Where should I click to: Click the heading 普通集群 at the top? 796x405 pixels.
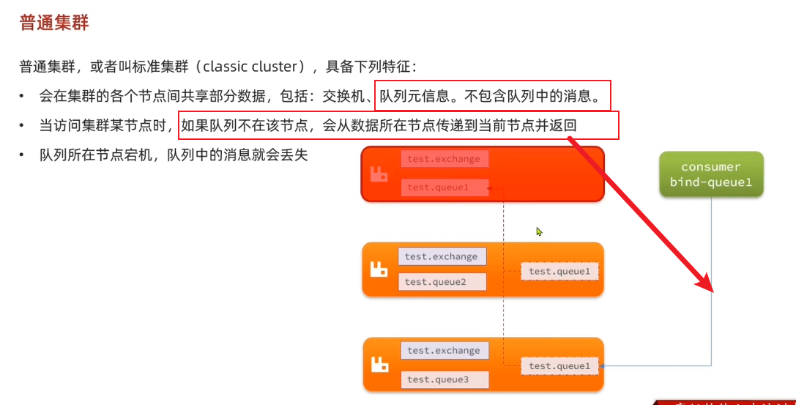pos(53,23)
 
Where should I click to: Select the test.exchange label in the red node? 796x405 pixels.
pos(445,159)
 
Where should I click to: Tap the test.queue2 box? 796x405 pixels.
pos(442,282)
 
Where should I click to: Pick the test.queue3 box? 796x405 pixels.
pos(445,379)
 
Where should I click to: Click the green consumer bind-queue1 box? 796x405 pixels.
pos(710,174)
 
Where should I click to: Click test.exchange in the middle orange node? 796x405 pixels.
pos(442,256)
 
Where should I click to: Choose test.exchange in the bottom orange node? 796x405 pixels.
pos(445,351)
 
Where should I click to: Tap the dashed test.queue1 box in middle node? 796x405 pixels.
pos(559,272)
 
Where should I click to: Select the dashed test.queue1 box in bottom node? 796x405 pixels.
pos(559,366)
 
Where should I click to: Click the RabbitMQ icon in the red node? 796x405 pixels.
pos(379,175)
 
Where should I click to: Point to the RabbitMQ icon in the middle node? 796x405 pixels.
pos(379,270)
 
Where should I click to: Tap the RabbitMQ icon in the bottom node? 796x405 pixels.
pos(379,364)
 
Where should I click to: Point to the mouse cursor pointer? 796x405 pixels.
pos(539,231)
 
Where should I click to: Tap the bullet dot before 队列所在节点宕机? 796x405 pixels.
pos(23,155)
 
